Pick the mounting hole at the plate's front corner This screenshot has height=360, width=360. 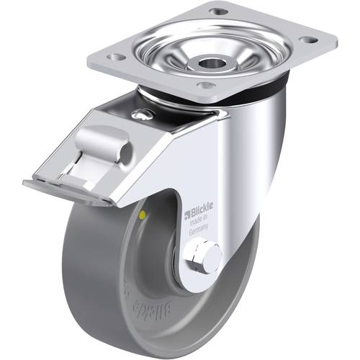(207, 86)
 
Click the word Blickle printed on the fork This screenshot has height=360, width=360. (201, 212)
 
